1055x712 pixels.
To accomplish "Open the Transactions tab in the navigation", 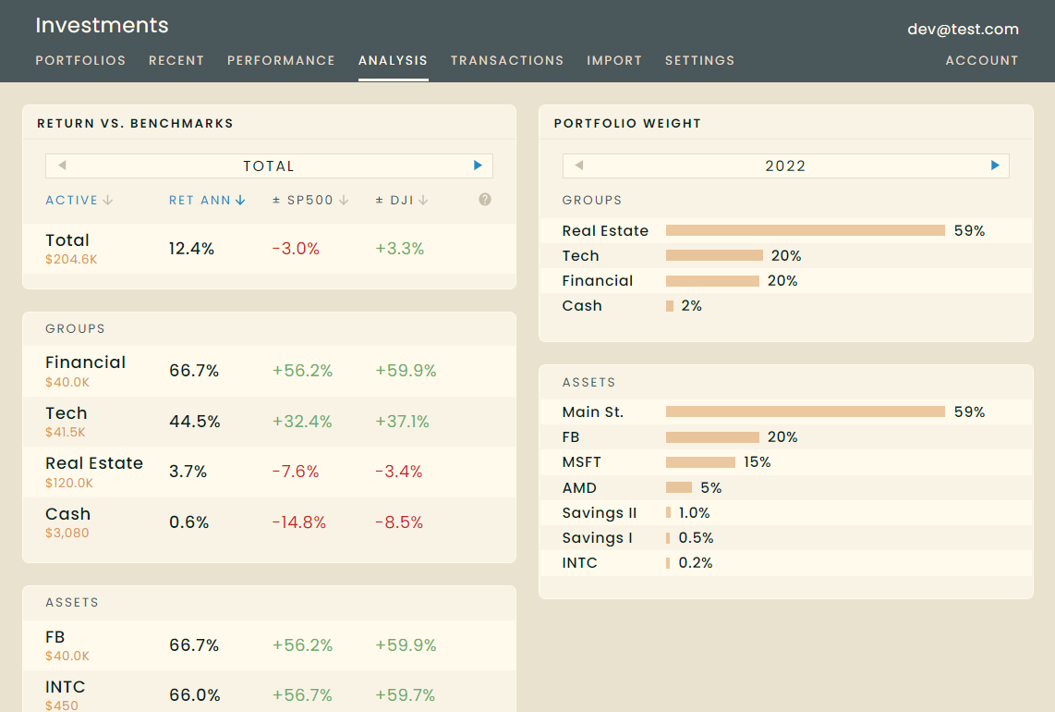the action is point(506,61).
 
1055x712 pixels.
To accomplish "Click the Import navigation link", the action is point(614,61).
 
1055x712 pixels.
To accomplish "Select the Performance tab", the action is point(281,61).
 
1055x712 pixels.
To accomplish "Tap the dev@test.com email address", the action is point(963,29).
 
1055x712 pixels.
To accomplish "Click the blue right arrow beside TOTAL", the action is point(478,166).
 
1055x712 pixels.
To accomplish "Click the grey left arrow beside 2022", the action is point(578,166).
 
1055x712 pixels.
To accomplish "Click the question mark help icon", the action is point(484,200).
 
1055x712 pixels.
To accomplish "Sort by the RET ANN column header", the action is point(207,200).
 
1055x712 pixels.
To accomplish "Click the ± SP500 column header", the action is point(310,200).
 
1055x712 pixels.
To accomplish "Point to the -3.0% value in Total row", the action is point(296,249).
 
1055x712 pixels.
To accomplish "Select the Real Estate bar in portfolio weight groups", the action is point(806,230).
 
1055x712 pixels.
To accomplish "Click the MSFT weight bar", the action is point(700,462).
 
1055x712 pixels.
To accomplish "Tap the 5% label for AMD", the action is point(710,487).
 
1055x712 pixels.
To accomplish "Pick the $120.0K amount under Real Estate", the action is point(69,483).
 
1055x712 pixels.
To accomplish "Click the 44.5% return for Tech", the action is point(194,422).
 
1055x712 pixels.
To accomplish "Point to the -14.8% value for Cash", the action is point(298,522).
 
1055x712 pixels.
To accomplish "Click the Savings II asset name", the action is point(600,512).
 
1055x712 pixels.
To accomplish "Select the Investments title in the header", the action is point(103,26).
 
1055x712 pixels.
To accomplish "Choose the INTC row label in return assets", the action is point(66,687).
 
